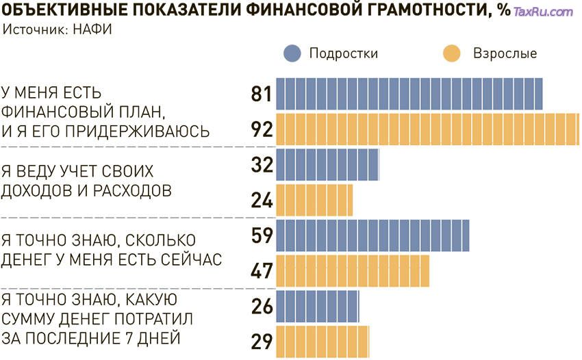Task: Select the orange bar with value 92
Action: (x=428, y=129)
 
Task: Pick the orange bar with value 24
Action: (x=314, y=201)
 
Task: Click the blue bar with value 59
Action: (x=372, y=236)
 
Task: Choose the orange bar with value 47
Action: (x=353, y=271)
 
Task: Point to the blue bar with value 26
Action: (x=318, y=307)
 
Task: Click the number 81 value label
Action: (x=262, y=94)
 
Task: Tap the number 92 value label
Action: (x=262, y=129)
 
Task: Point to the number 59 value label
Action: (x=262, y=236)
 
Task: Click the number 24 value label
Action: (x=262, y=201)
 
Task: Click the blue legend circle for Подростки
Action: (x=292, y=53)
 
